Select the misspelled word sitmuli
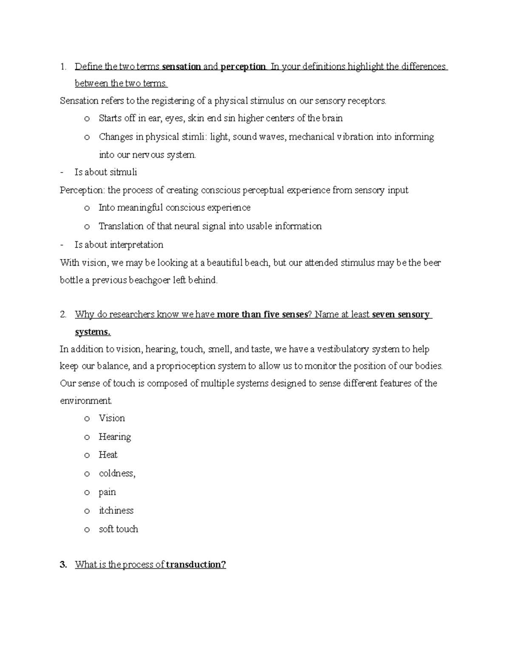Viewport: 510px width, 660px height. tap(123, 172)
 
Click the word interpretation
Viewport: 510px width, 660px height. tap(136, 245)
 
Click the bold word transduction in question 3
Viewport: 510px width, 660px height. tap(196, 565)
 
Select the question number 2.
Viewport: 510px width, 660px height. tap(63, 315)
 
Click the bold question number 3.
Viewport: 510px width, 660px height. tap(63, 565)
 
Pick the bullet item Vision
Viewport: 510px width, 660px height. tap(112, 418)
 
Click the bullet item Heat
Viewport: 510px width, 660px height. tap(108, 455)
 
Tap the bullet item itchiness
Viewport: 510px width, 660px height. tap(116, 510)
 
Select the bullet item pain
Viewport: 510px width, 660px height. tap(107, 492)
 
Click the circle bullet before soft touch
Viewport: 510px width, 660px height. tap(87, 530)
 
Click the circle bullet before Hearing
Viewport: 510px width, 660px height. tap(87, 437)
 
